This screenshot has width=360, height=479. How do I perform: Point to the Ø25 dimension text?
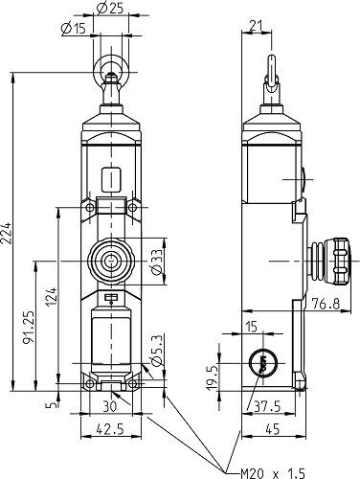112,9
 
